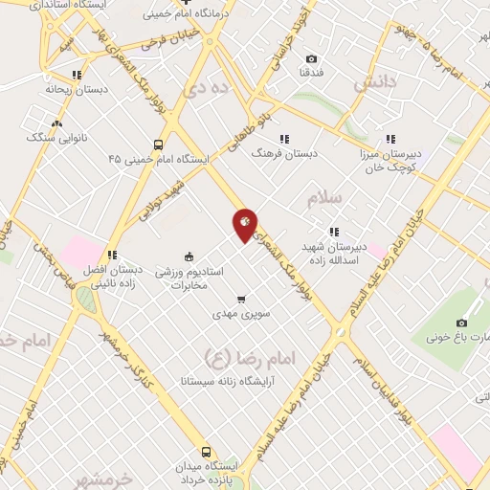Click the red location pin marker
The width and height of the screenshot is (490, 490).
point(244,224)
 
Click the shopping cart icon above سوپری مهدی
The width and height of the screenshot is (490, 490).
point(241,298)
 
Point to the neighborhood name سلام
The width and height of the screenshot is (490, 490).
point(324,198)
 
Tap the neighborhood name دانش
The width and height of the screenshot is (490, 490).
point(374,84)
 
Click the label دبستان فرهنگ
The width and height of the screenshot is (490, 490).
point(283,152)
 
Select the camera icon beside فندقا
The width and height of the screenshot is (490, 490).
point(312,59)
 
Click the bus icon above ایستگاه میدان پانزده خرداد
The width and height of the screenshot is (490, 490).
point(205,451)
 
